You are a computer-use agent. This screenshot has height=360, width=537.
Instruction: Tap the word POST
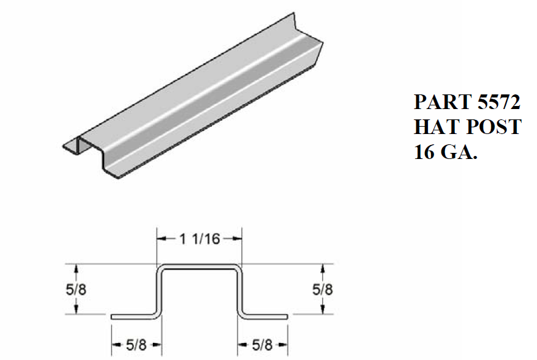494,127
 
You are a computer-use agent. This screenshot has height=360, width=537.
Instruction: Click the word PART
442,101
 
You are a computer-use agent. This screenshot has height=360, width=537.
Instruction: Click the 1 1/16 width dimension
200,239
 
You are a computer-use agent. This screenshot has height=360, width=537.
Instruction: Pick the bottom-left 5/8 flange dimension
136,345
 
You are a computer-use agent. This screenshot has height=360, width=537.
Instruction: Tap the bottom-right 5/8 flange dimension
262,345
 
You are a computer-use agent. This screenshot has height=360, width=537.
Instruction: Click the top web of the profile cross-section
200,266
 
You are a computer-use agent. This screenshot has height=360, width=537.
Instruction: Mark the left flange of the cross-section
134,316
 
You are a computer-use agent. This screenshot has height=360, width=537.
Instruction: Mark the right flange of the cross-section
265,316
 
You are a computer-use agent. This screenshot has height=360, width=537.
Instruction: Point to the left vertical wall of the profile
160,291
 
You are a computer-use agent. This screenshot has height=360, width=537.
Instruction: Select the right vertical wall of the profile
240,291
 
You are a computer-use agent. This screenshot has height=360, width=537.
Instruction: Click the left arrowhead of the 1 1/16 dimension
161,239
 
